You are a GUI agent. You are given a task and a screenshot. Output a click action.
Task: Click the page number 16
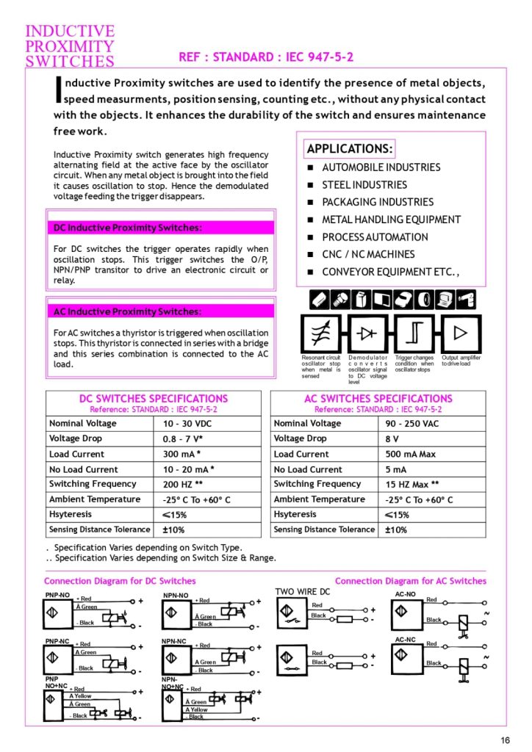tap(506, 739)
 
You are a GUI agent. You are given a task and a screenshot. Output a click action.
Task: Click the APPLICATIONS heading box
tap(350, 149)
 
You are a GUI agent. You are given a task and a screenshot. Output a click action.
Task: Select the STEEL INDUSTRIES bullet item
tap(364, 185)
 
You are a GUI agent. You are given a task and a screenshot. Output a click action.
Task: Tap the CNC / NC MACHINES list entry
tap(368, 254)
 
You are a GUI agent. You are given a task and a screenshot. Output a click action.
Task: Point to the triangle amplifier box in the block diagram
tap(460, 333)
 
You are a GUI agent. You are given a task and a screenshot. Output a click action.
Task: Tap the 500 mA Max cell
tap(411, 454)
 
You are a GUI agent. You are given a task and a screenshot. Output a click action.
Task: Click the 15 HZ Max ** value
tap(412, 485)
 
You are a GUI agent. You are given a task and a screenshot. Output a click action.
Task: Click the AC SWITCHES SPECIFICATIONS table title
tap(378, 399)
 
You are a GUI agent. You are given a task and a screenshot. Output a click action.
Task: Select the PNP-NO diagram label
tap(58, 595)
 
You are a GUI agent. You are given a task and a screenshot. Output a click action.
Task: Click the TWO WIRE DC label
tap(303, 591)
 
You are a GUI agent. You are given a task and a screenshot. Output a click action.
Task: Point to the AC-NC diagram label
tap(406, 640)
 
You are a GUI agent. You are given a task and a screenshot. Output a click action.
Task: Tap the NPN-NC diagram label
tap(175, 641)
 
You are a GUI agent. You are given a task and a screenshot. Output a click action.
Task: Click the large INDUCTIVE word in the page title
tap(70, 31)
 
